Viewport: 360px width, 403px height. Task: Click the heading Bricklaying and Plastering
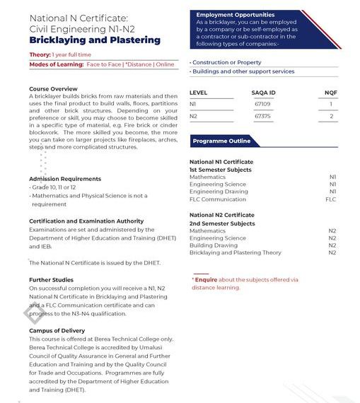pos(94,40)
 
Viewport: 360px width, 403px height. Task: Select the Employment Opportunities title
pos(235,15)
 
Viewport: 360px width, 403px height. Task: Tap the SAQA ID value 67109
pos(262,104)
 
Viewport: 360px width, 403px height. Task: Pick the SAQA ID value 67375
pos(262,116)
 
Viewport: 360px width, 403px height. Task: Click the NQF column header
pos(330,93)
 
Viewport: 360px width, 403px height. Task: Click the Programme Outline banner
pos(221,141)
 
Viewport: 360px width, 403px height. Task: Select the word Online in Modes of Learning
pos(165,64)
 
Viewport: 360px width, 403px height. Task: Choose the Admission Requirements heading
pos(65,179)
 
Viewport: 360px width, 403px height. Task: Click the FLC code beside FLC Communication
pos(330,199)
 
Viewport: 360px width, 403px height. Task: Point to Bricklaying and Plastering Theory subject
pos(235,252)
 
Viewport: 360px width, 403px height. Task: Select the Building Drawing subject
pos(213,245)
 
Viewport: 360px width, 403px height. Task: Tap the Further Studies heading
pos(51,280)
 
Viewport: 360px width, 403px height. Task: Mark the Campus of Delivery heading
pos(57,331)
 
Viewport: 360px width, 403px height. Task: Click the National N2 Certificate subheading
pos(221,215)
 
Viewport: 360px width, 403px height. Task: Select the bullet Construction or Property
pos(226,63)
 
